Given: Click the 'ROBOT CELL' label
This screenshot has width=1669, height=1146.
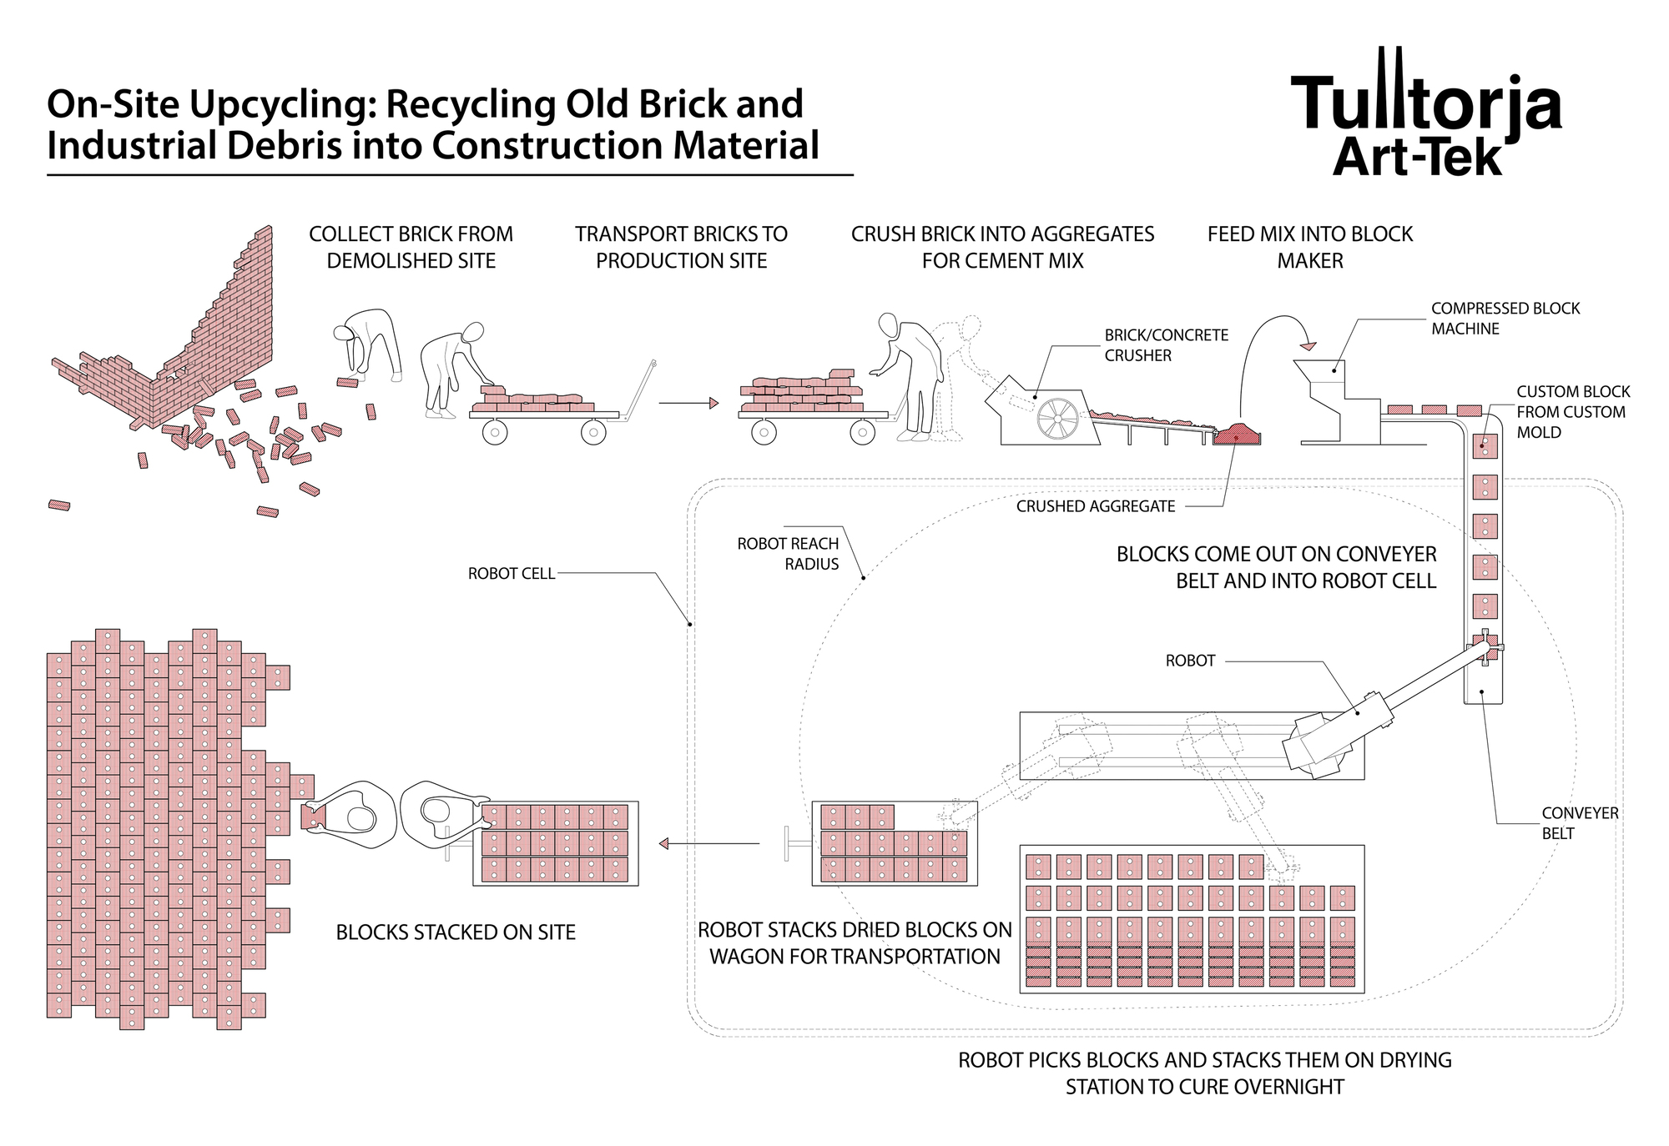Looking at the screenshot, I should tap(511, 574).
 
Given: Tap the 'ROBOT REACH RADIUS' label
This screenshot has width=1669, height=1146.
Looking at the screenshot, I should tap(788, 554).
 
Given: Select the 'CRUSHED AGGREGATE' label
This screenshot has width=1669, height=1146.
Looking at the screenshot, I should tap(1095, 506).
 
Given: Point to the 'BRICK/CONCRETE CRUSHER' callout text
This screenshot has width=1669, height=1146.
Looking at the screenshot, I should tap(1166, 345).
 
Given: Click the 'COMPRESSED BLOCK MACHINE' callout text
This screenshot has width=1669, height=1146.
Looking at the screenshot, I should tap(1505, 319).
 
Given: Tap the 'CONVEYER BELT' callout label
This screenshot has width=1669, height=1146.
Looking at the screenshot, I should tap(1579, 822).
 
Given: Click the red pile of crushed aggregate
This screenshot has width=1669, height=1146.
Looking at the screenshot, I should tap(1237, 434).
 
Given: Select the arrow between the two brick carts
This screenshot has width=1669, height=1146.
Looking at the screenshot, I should tap(688, 404).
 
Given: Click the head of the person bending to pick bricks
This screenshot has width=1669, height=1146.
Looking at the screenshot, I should tap(343, 332).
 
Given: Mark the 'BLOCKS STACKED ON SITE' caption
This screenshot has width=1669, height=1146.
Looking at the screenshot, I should tap(456, 932).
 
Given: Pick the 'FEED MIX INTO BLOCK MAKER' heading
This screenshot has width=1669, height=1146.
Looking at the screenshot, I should tap(1309, 247).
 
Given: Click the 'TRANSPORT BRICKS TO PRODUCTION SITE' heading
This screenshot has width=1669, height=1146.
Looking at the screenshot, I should tap(681, 247).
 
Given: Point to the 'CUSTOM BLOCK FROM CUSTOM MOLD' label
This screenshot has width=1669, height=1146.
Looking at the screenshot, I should tap(1572, 412).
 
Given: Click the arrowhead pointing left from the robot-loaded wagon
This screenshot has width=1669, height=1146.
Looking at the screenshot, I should tap(664, 843).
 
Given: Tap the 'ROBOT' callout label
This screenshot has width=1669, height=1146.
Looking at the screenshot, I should tap(1190, 661).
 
